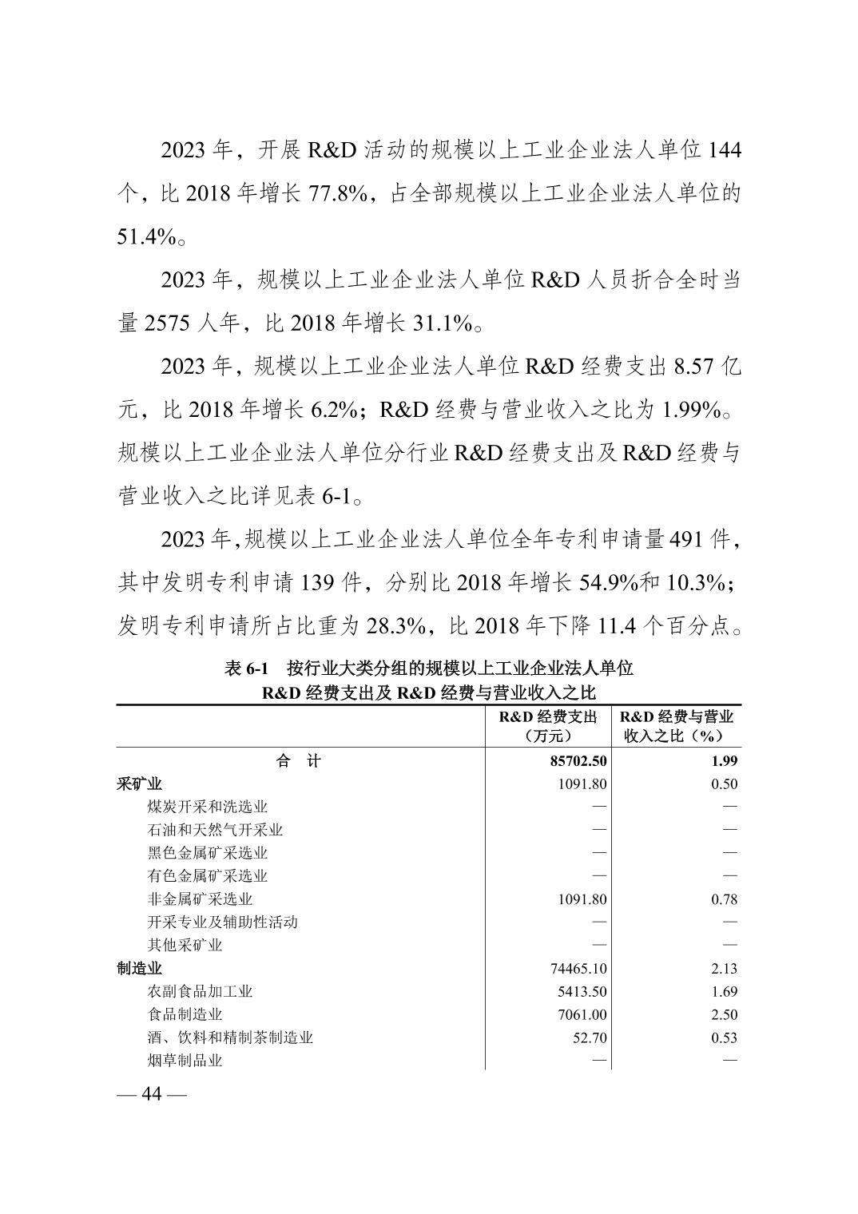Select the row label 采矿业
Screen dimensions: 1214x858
click(139, 784)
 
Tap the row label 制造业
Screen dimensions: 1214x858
click(139, 969)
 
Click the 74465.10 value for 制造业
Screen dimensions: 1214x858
click(578, 969)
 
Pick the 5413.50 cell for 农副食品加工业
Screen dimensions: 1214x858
click(582, 992)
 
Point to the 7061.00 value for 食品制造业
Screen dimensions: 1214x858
click(582, 1015)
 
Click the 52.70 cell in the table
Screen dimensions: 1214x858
click(590, 1038)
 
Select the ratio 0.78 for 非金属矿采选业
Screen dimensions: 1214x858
click(724, 899)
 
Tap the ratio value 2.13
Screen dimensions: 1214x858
click(724, 969)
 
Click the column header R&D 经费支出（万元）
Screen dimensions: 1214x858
click(548, 726)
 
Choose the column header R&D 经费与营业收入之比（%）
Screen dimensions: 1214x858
click(677, 726)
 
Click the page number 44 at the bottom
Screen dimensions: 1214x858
click(151, 1093)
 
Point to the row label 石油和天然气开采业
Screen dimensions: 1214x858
click(215, 831)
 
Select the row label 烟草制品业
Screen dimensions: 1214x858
click(185, 1061)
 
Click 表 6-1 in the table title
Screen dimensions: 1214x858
click(246, 668)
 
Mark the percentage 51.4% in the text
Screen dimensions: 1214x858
click(146, 237)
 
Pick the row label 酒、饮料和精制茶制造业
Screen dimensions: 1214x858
click(230, 1038)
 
